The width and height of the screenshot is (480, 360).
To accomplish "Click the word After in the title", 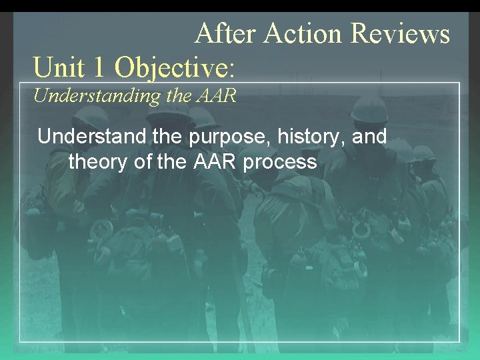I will (x=226, y=33).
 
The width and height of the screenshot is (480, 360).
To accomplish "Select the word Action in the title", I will (x=304, y=33).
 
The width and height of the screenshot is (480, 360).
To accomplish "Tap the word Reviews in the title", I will (x=400, y=33).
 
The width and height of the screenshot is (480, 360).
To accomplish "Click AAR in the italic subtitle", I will (x=216, y=95).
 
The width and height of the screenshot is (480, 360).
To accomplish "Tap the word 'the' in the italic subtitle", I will (x=179, y=95).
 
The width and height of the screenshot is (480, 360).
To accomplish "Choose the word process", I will (x=280, y=162).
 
